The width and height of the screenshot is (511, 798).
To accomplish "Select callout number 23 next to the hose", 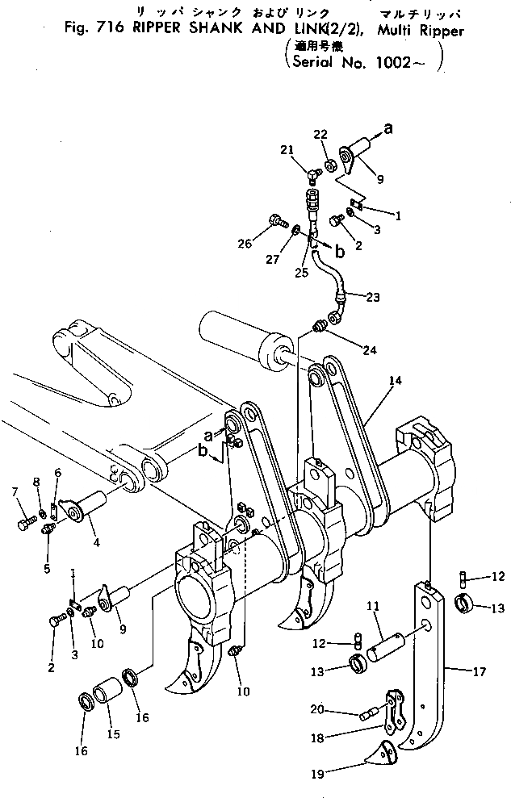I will (x=372, y=297).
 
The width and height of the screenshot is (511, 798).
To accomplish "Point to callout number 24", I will (x=369, y=350).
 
